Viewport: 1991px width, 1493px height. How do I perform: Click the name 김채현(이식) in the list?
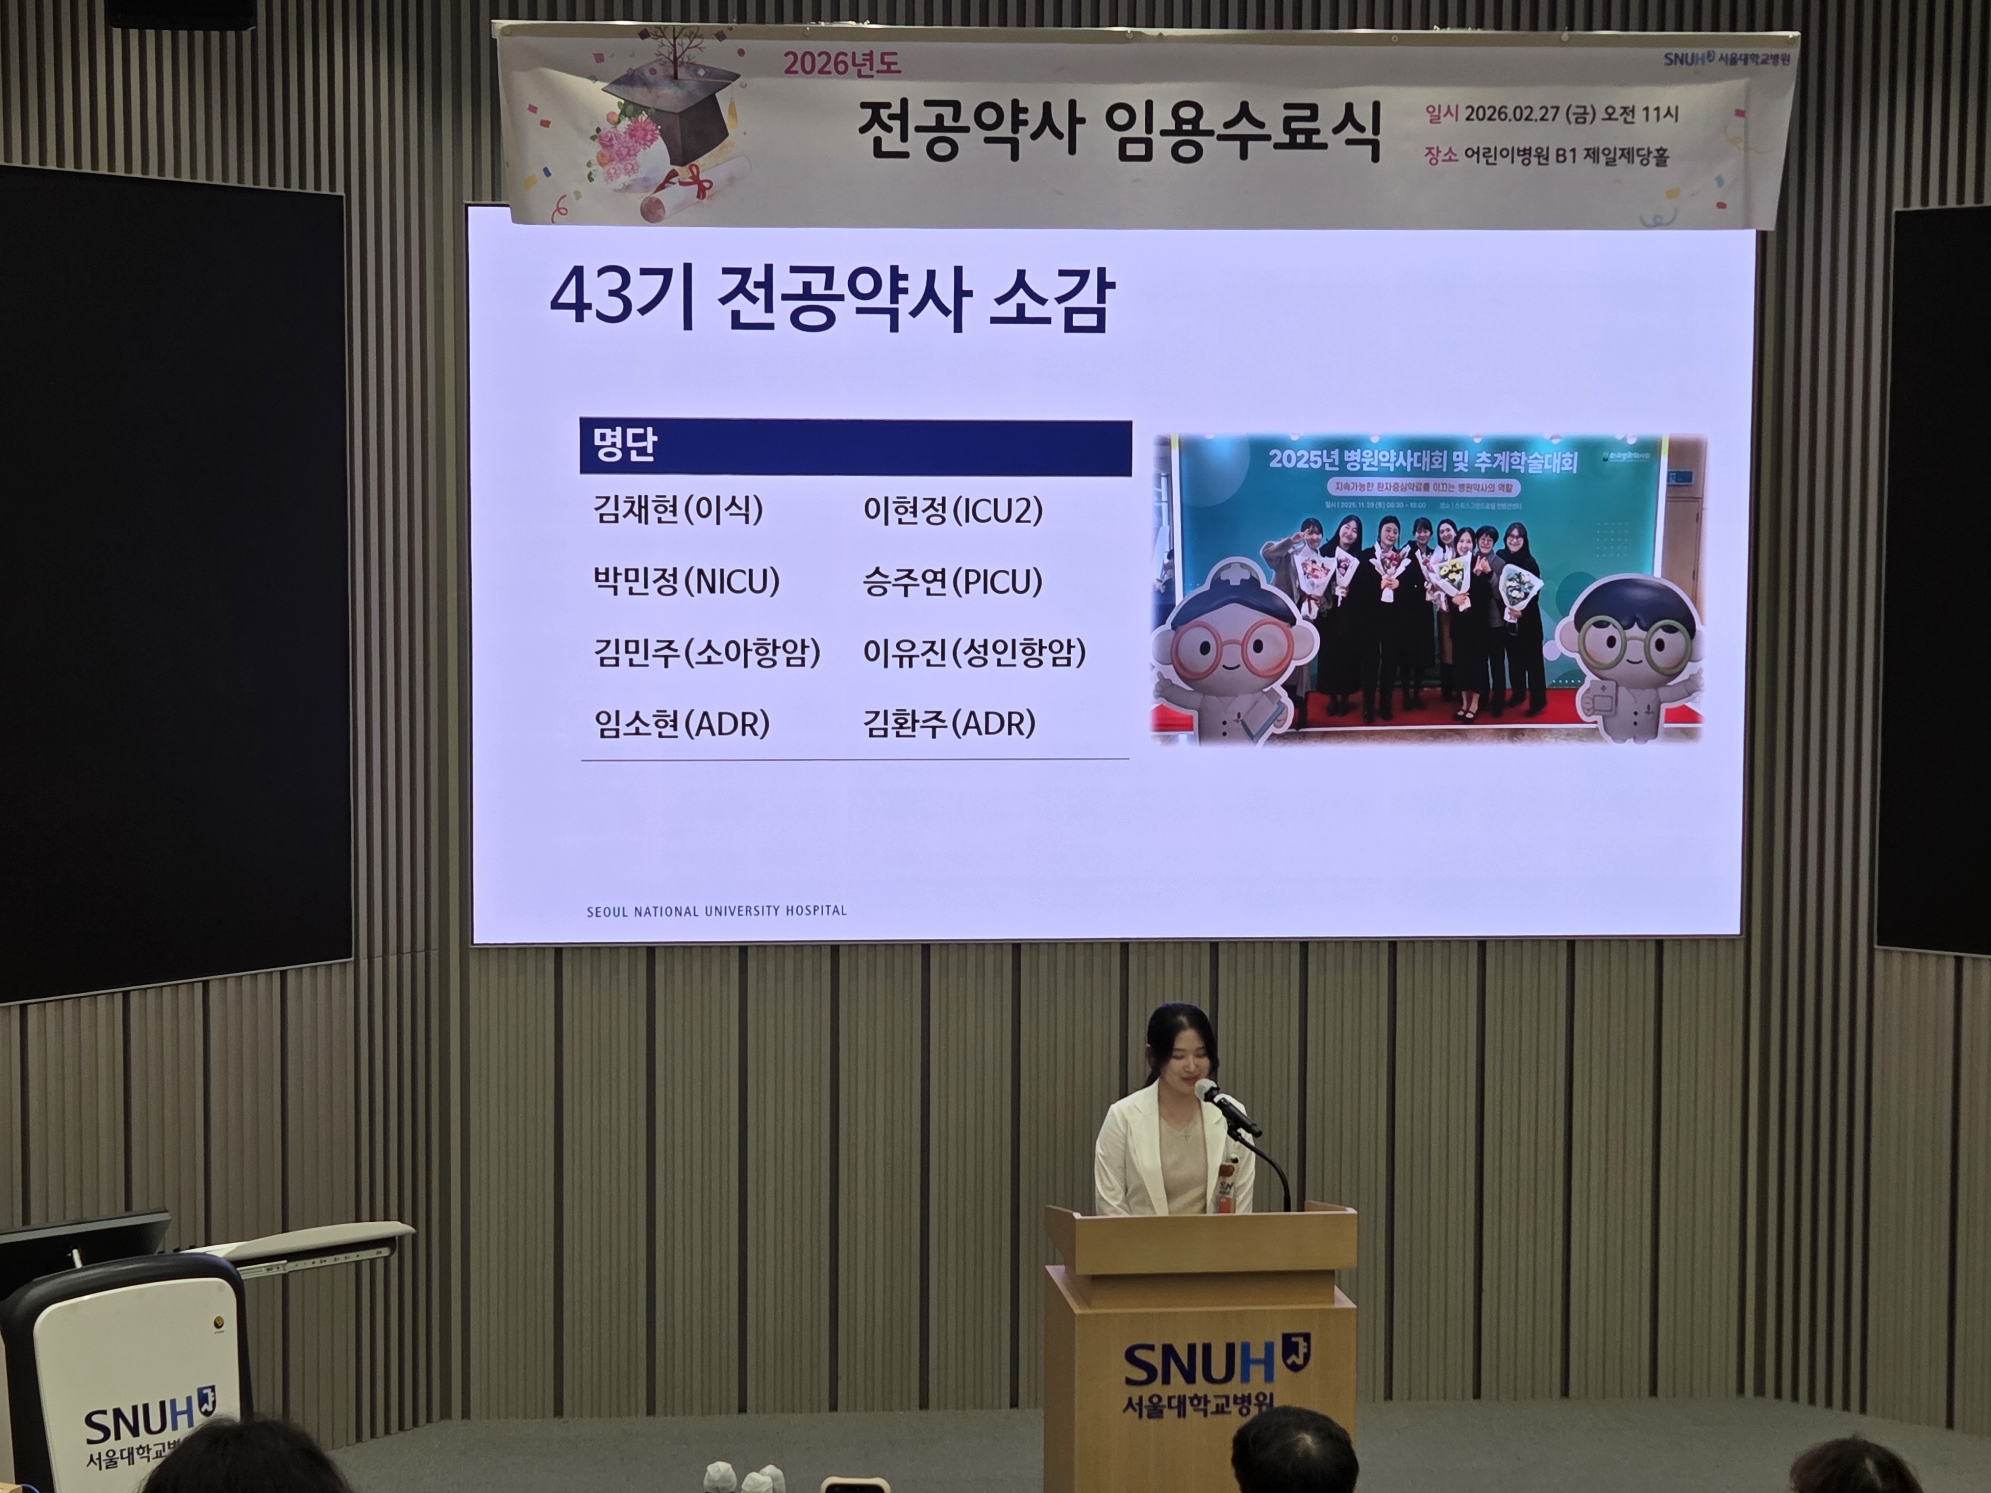[678, 510]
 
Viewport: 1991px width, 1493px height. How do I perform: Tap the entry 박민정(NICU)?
[686, 581]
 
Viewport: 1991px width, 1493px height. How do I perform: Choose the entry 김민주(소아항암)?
[707, 652]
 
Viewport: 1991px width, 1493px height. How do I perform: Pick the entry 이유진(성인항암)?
[974, 652]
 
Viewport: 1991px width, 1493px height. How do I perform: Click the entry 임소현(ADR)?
[681, 724]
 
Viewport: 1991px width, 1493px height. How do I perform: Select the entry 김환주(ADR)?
[949, 724]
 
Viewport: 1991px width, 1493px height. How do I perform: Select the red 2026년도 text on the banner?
[842, 64]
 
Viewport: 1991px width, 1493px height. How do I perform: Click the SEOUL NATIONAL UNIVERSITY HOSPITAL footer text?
[716, 911]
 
